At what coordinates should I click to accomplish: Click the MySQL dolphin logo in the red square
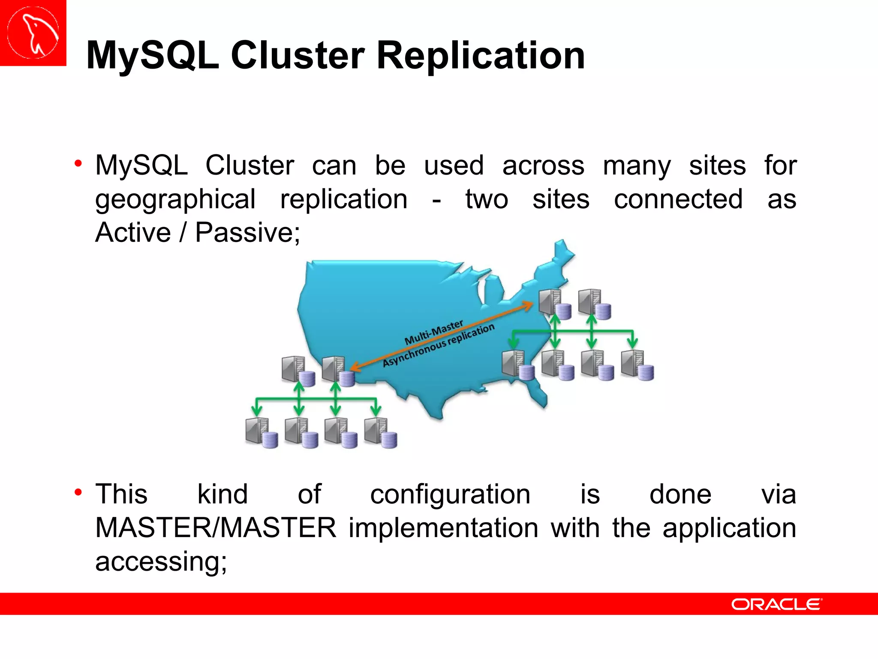(33, 33)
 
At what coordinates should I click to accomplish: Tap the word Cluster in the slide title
(298, 56)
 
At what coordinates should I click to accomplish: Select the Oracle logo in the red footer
(776, 604)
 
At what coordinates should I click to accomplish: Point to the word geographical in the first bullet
(175, 200)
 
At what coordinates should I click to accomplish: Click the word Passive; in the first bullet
(247, 233)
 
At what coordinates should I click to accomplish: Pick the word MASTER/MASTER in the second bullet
(216, 528)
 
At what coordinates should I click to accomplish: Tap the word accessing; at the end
(161, 561)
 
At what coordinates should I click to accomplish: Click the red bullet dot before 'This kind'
(78, 492)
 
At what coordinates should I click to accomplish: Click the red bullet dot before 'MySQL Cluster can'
(78, 163)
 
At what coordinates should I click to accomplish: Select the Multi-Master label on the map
(434, 332)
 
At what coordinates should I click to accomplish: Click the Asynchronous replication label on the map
(438, 345)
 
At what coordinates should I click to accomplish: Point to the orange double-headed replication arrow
(442, 336)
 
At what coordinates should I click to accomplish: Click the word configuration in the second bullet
(450, 494)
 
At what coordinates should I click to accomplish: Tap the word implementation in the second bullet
(443, 528)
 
